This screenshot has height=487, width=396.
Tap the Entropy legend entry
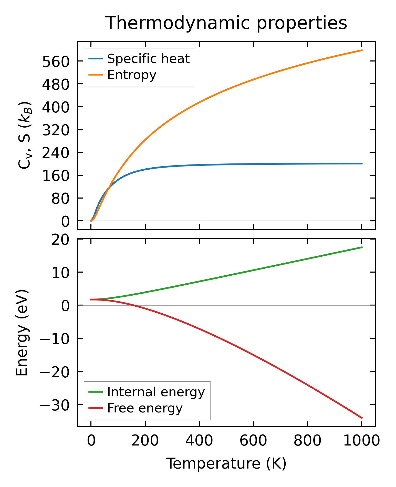point(131,75)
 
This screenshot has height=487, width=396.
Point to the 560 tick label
point(56,61)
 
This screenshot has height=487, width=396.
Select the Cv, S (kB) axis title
point(25,135)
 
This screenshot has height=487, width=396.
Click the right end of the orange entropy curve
point(362,50)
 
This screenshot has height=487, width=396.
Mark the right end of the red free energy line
point(362,418)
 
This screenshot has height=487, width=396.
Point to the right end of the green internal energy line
point(362,247)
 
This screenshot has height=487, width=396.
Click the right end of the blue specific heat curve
point(362,163)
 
